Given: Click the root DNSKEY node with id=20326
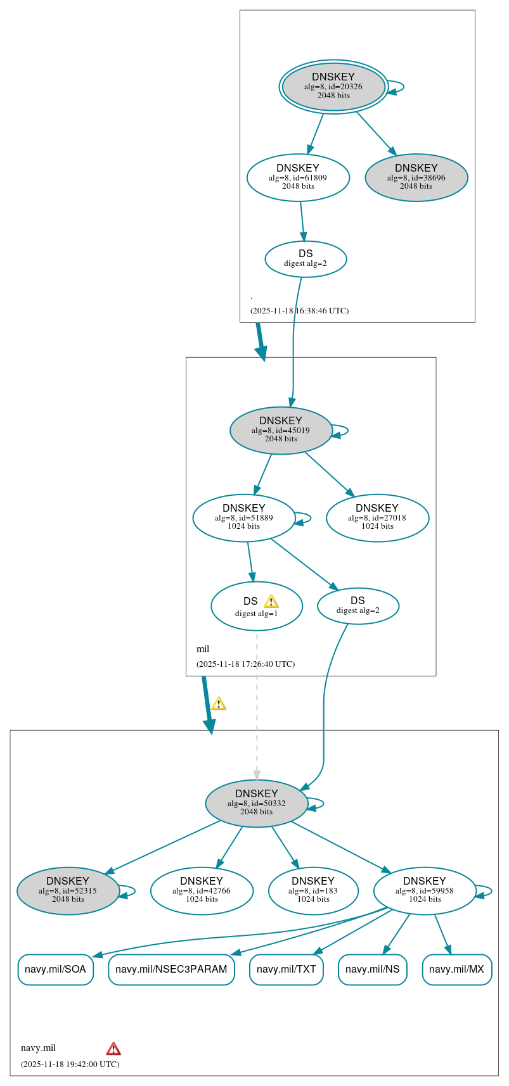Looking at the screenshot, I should coord(333,87).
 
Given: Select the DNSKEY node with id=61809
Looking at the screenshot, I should coord(298,177).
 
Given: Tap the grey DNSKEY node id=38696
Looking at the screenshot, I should coord(416,177).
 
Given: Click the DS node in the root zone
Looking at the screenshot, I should coord(306,258).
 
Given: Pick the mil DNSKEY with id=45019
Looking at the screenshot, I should coord(281,430).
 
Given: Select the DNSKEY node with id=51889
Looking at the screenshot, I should coord(244,517).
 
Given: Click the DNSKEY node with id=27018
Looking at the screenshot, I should coord(377,517).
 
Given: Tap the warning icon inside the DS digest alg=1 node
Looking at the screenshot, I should coord(271,601).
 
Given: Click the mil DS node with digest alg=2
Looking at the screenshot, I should coord(358,605).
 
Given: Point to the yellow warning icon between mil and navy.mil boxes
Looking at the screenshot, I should coord(219,703).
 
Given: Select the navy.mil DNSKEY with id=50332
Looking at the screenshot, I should coord(257,803).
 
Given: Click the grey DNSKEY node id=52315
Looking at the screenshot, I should coord(68,890).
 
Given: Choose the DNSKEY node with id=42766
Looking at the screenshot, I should coord(202,890).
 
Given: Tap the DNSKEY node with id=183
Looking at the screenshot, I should coord(313,890).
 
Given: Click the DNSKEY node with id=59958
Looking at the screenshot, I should coord(425,890).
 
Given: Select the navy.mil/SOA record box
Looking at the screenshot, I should coord(56,969).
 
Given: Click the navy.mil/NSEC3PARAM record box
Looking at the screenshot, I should coord(171,969).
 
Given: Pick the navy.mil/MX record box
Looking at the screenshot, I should coord(456,969).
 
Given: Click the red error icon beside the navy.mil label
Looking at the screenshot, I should coord(113,1048).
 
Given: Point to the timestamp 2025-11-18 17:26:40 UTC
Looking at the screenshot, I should coord(245,664).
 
